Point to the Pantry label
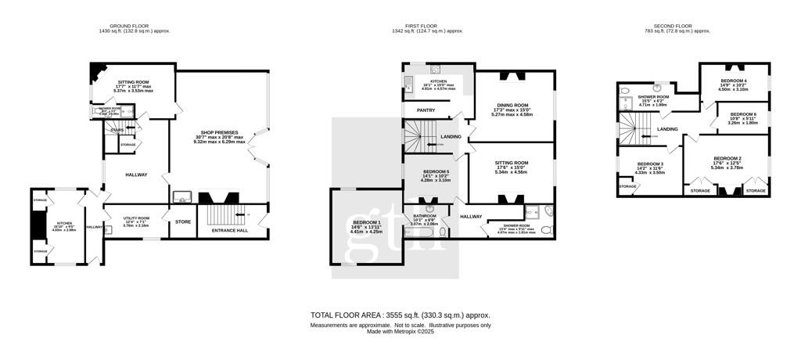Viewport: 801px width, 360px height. point(426,110)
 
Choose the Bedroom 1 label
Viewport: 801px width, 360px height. point(365,223)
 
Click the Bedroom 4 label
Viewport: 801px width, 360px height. point(733,81)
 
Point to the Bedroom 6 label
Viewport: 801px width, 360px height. point(742,114)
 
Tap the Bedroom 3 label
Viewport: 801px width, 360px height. point(650,164)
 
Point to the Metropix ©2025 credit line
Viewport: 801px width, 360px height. point(400,332)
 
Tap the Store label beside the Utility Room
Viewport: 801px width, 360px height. point(182,222)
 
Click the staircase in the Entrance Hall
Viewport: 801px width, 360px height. point(219,216)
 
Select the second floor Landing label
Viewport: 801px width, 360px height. point(667,129)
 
